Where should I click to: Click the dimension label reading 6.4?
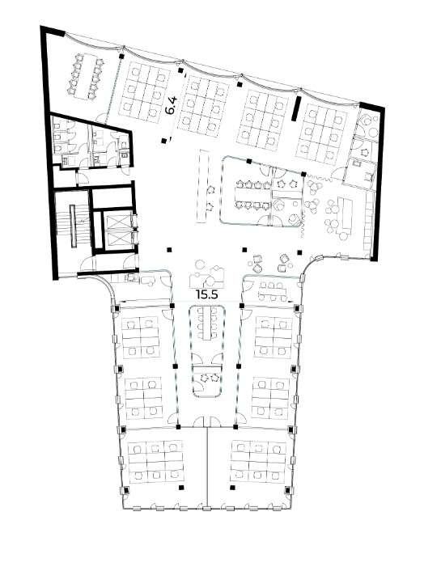(172, 105)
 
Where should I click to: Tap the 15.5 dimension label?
(207, 294)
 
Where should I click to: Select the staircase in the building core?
(73, 226)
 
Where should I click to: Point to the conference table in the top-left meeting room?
(86, 75)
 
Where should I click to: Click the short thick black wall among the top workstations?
(296, 108)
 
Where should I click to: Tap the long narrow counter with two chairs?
(203, 186)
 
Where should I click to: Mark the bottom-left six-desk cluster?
(155, 462)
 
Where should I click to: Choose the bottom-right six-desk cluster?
(258, 462)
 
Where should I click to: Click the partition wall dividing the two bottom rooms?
(207, 467)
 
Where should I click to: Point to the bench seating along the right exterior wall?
(369, 222)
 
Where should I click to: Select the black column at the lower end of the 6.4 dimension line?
(164, 140)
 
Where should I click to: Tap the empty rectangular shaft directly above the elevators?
(112, 197)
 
